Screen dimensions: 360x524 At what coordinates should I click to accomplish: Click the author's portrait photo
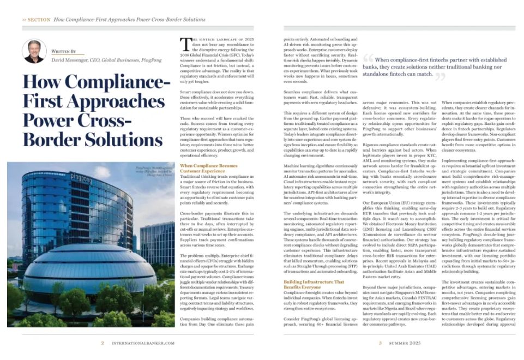pos(34,51)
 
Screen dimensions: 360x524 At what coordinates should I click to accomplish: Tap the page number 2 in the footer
pos(103,343)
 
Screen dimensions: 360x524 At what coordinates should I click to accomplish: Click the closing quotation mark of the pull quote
pos(439,76)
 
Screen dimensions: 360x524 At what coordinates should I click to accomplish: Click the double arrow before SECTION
pos(24,20)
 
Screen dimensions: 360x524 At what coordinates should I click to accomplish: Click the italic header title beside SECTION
pos(129,20)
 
